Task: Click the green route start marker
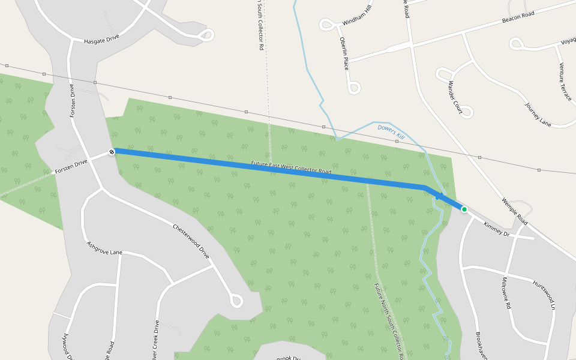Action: [x=464, y=209]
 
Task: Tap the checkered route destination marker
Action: [x=112, y=152]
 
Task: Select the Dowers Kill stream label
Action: [x=391, y=132]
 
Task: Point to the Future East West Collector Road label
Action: [x=291, y=167]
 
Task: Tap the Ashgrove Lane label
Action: [x=104, y=248]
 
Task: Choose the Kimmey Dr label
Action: [x=496, y=229]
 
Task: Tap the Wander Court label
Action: [x=455, y=98]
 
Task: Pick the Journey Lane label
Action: [x=538, y=114]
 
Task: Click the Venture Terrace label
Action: [x=565, y=81]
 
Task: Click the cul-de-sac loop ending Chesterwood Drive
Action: [x=236, y=300]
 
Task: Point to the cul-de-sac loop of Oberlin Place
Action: [x=354, y=88]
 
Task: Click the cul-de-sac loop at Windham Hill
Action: [x=327, y=25]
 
